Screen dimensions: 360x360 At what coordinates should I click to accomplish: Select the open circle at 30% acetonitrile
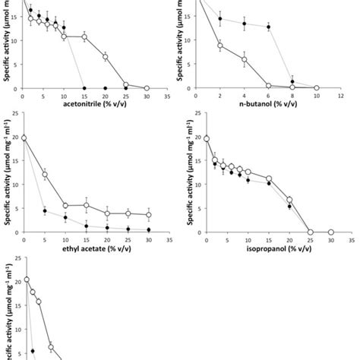(x=147, y=88)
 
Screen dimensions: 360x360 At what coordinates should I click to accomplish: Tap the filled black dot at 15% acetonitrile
(x=84, y=88)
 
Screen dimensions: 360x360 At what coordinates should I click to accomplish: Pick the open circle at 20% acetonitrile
(x=106, y=57)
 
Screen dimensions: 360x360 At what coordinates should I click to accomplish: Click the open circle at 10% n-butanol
(x=317, y=88)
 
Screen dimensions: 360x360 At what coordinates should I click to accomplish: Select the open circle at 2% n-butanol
(x=220, y=46)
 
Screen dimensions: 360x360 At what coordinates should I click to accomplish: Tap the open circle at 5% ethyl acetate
(x=44, y=175)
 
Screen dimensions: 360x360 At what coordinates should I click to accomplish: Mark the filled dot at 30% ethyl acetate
(x=147, y=229)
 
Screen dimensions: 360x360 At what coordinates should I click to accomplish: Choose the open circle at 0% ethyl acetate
(x=24, y=137)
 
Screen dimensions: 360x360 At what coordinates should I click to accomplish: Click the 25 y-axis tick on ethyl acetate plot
(x=14, y=114)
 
